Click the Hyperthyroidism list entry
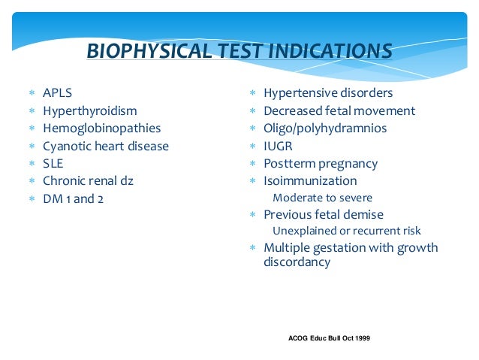click(x=89, y=111)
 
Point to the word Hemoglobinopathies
click(x=101, y=129)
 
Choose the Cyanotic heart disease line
click(x=105, y=146)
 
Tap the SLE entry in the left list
click(x=53, y=163)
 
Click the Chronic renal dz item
click(x=89, y=180)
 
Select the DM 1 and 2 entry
click(x=72, y=198)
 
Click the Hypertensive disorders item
click(x=327, y=94)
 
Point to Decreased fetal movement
click(x=339, y=111)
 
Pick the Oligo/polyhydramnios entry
click(x=325, y=129)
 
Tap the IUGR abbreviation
click(x=278, y=146)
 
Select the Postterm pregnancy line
click(x=320, y=163)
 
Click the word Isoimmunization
click(x=310, y=181)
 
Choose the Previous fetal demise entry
click(x=323, y=214)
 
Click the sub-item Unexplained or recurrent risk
click(x=346, y=231)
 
